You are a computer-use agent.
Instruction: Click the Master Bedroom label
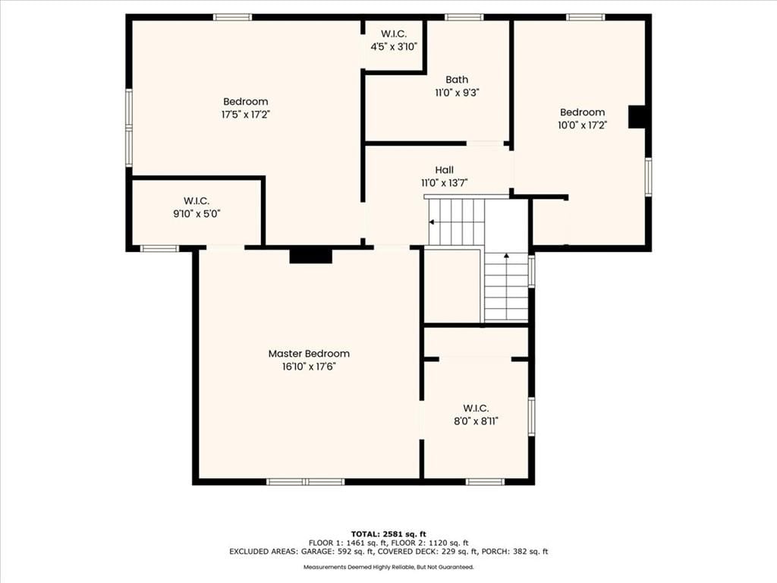[x=309, y=354]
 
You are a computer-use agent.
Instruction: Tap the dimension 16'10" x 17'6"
[x=309, y=367]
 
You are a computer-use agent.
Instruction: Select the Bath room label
[x=456, y=79]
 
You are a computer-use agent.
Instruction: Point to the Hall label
[x=444, y=169]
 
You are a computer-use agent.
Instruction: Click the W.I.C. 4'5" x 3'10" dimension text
[x=394, y=47]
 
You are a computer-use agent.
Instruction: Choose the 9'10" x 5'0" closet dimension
[x=197, y=214]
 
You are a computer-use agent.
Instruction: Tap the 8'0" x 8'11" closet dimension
[x=476, y=421]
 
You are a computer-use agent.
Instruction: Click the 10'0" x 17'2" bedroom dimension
[x=582, y=125]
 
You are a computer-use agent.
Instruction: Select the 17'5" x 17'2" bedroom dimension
[x=245, y=115]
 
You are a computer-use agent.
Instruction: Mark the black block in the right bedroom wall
[x=637, y=118]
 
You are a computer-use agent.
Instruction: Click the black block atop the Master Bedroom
[x=310, y=255]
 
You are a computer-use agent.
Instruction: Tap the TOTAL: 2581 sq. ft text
[x=388, y=534]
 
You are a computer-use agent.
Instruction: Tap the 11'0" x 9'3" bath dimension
[x=457, y=93]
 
